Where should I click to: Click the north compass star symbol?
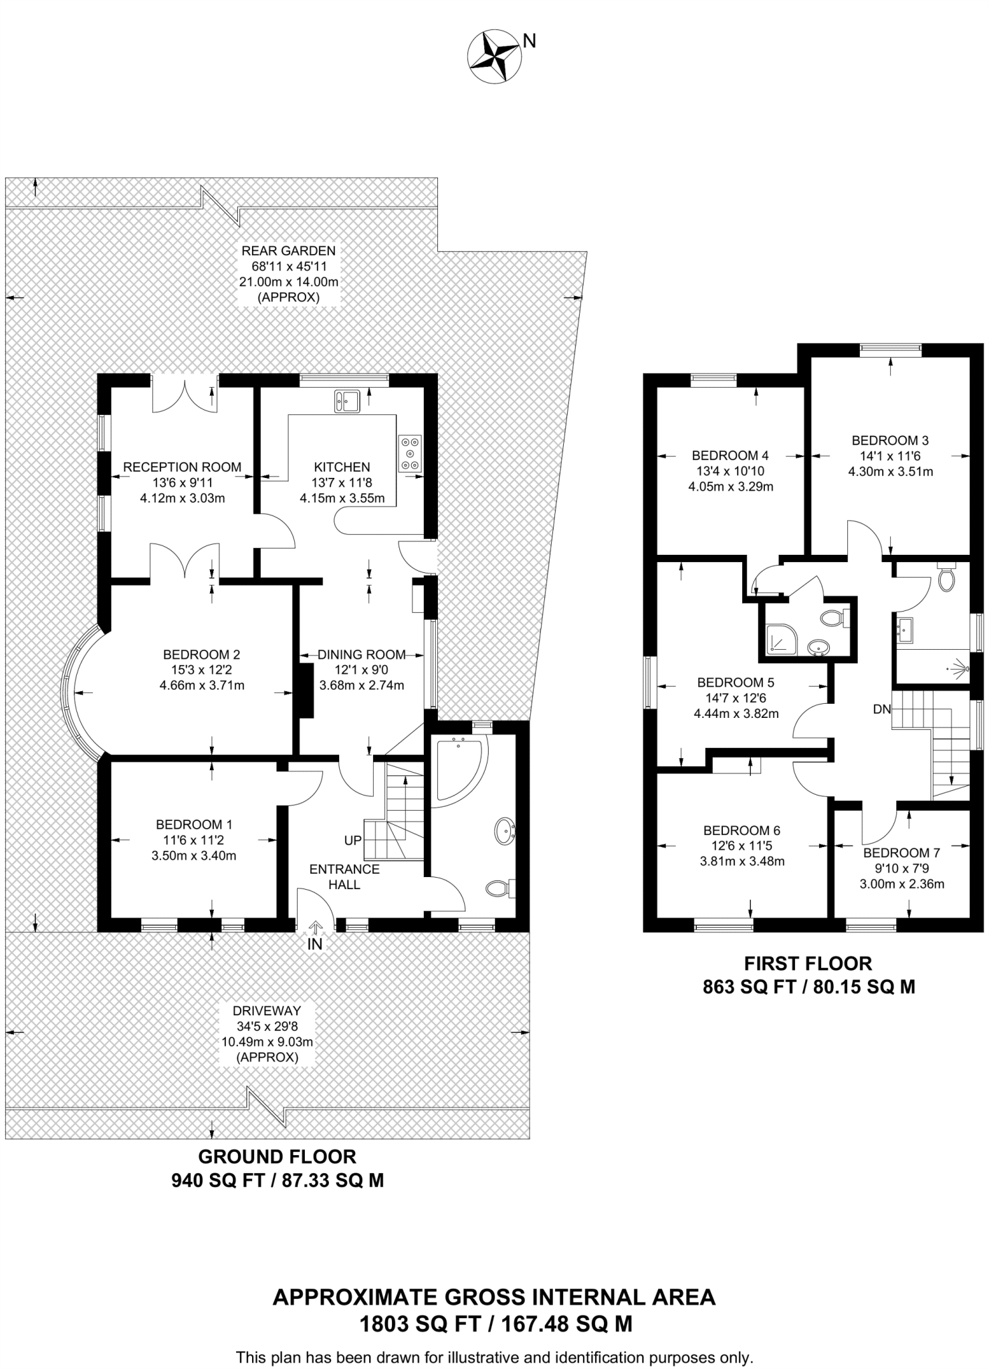(494, 57)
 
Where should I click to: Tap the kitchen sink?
(347, 400)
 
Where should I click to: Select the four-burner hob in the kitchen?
(410, 453)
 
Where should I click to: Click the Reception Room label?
(182, 467)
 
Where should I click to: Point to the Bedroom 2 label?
(201, 654)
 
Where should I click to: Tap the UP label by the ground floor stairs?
(353, 841)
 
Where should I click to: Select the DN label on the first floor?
(882, 709)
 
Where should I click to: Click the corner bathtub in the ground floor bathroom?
(460, 768)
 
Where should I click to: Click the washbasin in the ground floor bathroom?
(505, 832)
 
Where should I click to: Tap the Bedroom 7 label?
(901, 853)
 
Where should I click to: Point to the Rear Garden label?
(288, 251)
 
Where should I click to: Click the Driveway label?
(267, 1011)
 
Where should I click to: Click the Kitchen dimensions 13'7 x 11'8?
(342, 483)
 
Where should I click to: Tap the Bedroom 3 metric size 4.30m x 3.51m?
(891, 471)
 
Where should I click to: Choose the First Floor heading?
(808, 963)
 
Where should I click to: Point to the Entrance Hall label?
(344, 877)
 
